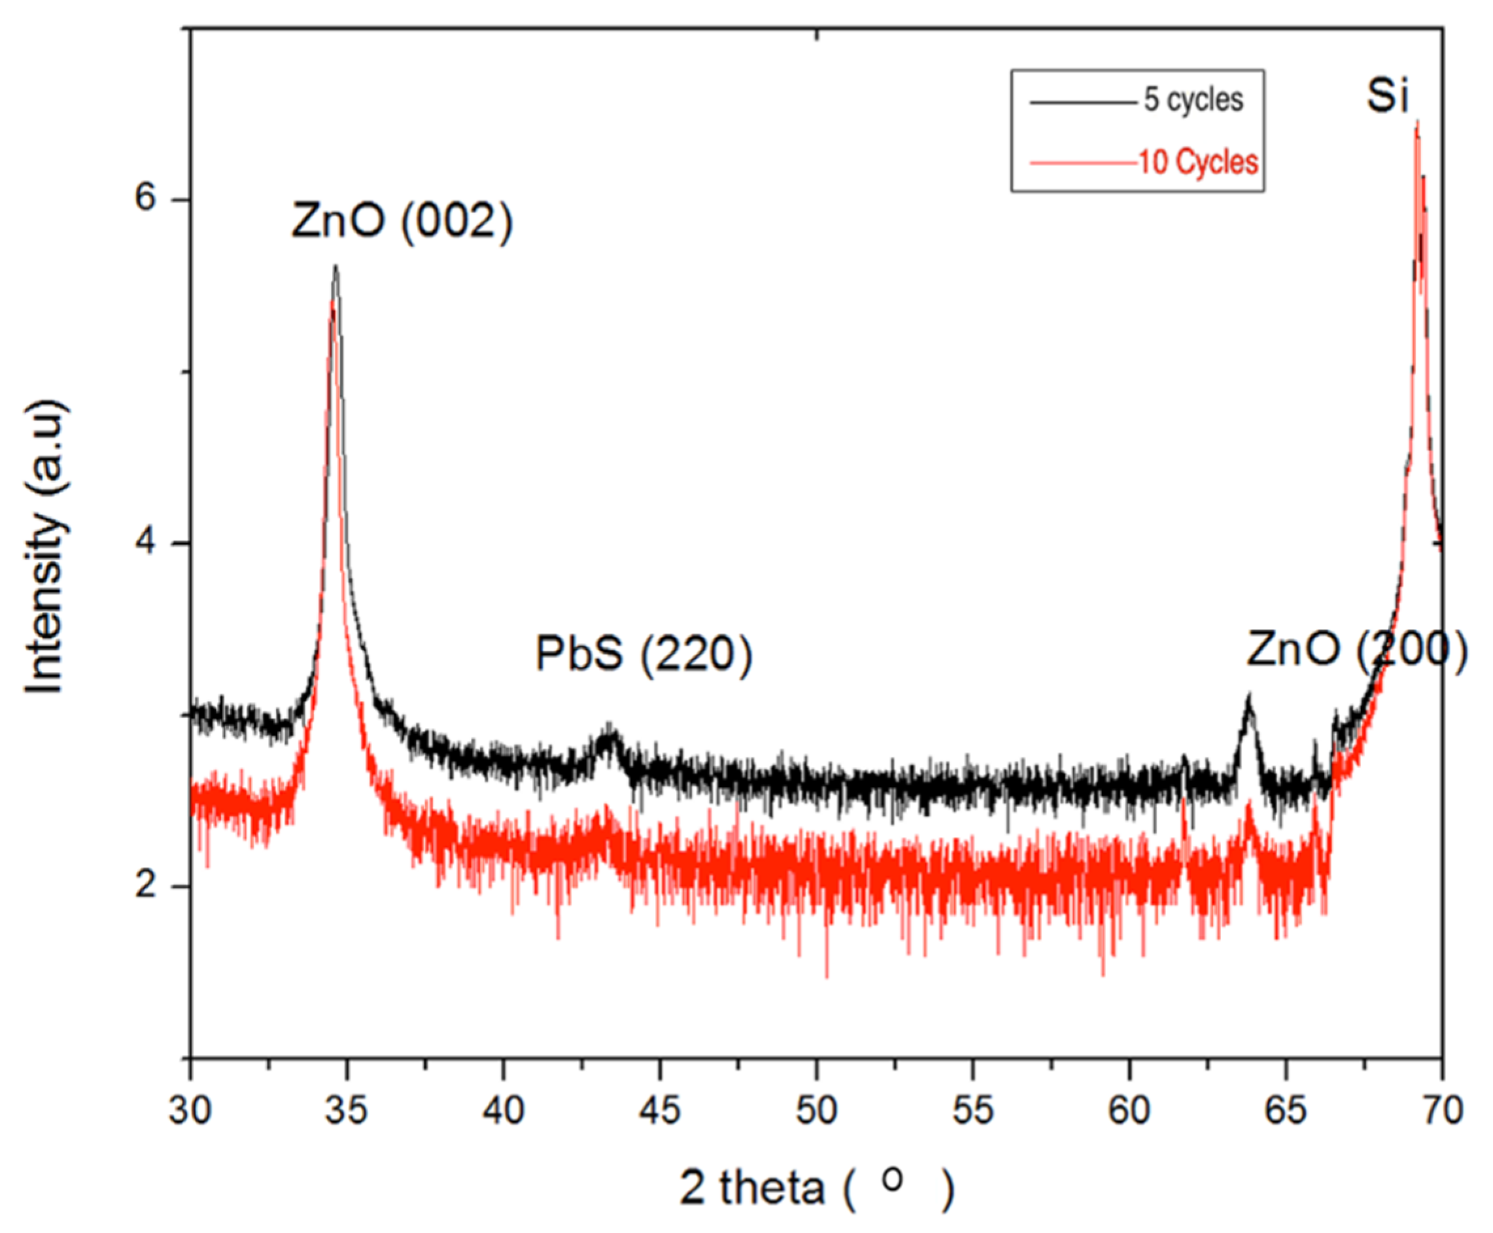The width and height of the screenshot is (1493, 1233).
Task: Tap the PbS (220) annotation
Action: tap(643, 654)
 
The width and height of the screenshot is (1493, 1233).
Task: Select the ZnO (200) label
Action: tap(1356, 650)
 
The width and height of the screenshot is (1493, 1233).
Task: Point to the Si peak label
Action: tap(1386, 96)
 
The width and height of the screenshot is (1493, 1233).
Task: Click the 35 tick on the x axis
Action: tap(347, 1109)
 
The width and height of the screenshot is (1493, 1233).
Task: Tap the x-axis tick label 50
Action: tap(816, 1109)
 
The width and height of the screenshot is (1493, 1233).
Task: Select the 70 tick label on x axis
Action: tap(1442, 1109)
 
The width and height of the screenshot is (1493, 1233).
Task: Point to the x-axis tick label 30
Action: tap(190, 1109)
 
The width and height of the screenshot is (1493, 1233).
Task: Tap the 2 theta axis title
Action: tap(816, 1187)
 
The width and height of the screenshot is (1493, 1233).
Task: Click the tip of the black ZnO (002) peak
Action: tap(335, 266)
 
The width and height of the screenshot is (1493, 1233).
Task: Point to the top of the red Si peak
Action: tap(1417, 122)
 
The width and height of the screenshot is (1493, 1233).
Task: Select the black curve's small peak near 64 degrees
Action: tap(1248, 696)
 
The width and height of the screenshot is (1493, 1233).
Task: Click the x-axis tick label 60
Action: tap(1129, 1109)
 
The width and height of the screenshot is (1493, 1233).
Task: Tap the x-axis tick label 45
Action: tap(660, 1109)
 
